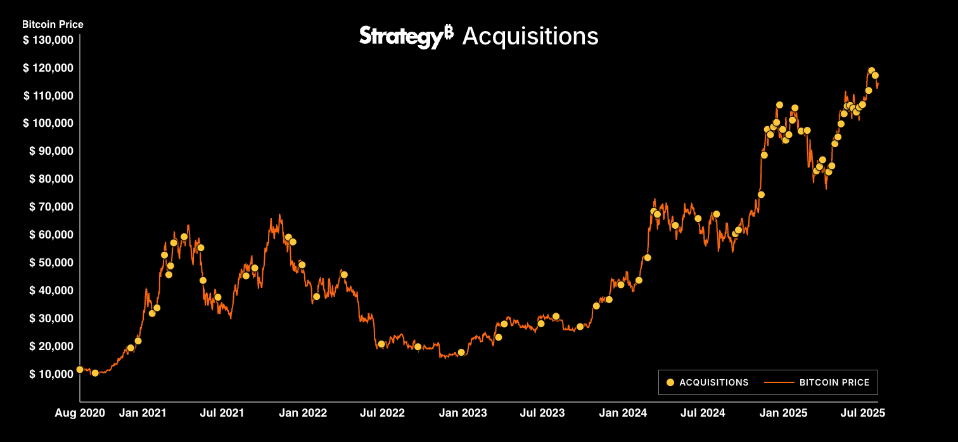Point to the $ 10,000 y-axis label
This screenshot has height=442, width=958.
(51, 374)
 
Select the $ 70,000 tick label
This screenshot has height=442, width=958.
(51, 207)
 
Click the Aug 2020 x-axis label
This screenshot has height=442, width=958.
(80, 413)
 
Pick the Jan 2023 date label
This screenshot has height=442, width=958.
(463, 413)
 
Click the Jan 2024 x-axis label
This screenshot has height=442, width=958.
(623, 413)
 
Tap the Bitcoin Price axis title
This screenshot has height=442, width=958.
(53, 25)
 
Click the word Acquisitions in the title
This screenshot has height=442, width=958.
(530, 36)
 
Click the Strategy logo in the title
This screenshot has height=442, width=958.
(406, 36)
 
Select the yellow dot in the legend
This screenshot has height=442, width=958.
(670, 382)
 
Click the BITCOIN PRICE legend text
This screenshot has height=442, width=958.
(839, 382)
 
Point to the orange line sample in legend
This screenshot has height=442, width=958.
(779, 382)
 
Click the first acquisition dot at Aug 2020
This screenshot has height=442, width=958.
(80, 369)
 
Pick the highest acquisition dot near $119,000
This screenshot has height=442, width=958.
(871, 71)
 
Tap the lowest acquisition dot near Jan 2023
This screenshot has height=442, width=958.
(461, 352)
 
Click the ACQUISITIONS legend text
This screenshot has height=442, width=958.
(714, 382)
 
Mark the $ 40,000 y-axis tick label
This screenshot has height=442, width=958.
(51, 290)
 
